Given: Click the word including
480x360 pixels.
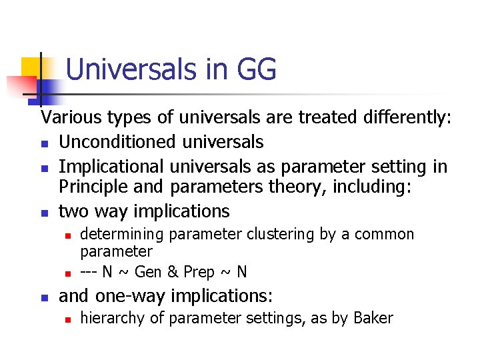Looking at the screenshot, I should tap(369, 188).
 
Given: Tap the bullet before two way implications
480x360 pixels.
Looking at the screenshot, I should tap(45, 213).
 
